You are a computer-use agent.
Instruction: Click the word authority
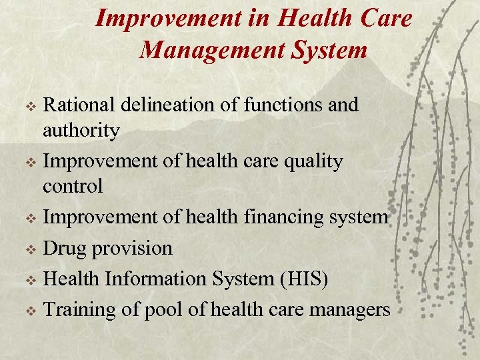(81, 130)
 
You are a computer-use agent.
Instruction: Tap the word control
(73, 186)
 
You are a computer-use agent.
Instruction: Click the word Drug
(65, 249)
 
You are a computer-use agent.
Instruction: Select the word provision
(132, 249)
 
